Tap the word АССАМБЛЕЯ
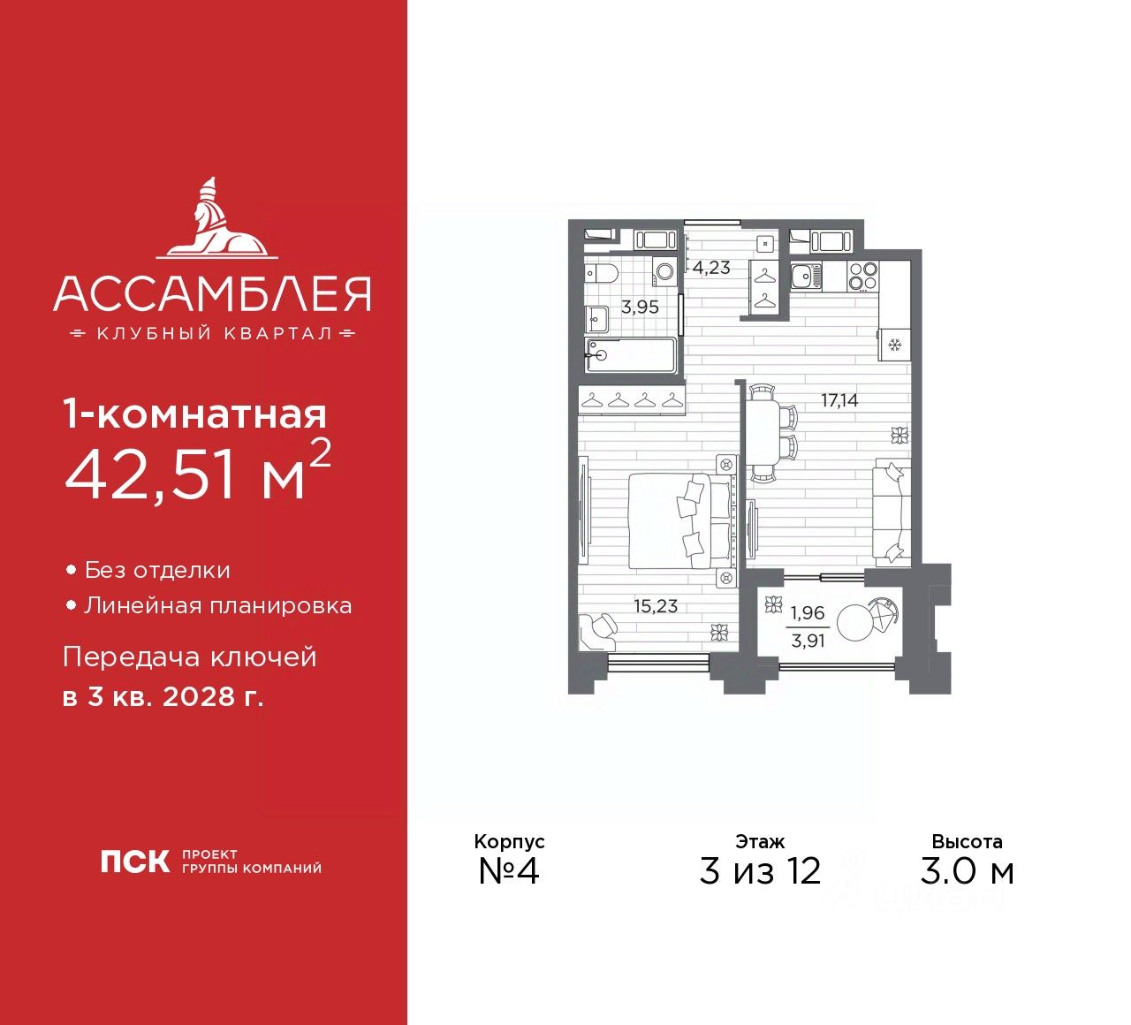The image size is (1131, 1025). click(x=212, y=294)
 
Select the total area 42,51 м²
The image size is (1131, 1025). click(x=198, y=473)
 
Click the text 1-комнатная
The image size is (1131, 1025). click(x=195, y=414)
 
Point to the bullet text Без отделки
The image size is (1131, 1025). click(x=157, y=570)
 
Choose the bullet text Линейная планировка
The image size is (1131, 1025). click(x=217, y=605)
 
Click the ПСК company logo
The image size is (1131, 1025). click(x=134, y=862)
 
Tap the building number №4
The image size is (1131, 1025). click(x=509, y=870)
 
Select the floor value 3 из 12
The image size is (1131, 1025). click(x=760, y=870)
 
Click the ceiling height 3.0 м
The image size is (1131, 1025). click(x=967, y=870)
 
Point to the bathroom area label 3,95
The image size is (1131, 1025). click(x=640, y=307)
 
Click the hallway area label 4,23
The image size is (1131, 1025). click(x=711, y=268)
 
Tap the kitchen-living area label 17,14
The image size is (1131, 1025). click(x=839, y=400)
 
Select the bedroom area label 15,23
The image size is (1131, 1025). click(x=656, y=606)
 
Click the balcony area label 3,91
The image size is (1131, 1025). click(x=808, y=641)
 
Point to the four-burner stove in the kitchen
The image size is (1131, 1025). click(x=863, y=276)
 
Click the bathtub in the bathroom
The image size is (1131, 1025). click(x=630, y=356)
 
